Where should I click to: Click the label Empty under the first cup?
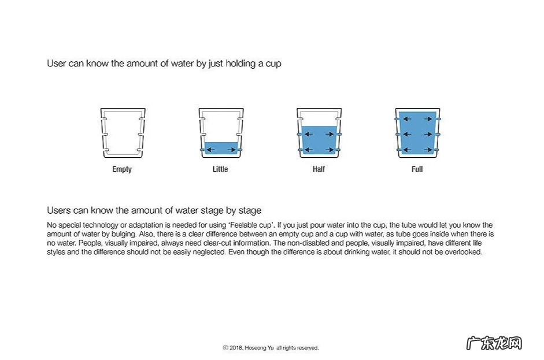click(122, 169)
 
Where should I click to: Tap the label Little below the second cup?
click(220, 169)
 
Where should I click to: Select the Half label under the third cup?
click(319, 169)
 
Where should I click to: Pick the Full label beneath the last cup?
click(417, 169)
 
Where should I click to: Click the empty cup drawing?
click(123, 133)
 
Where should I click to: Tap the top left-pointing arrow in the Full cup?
click(407, 119)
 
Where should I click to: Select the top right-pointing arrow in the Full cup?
click(428, 119)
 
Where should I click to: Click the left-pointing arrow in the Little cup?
click(210, 150)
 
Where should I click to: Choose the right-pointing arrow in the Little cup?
click(232, 150)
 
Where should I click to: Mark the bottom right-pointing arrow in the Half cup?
click(330, 150)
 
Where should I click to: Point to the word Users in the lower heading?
click(58, 210)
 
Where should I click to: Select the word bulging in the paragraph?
click(124, 235)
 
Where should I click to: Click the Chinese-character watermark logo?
click(494, 343)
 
